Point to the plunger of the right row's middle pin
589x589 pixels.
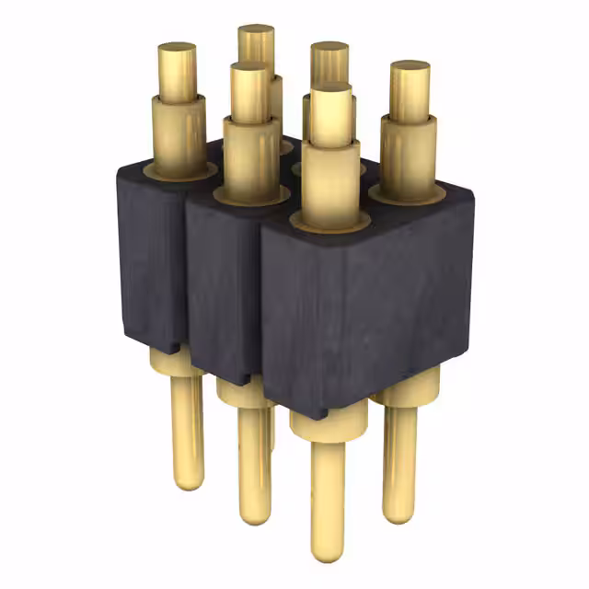coord(329,61)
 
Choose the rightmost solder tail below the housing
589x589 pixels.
coord(399,460)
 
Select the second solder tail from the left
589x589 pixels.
coord(255,460)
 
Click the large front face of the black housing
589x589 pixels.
coord(368,304)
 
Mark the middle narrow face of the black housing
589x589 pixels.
coord(221,285)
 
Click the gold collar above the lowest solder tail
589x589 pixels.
coord(327,423)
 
